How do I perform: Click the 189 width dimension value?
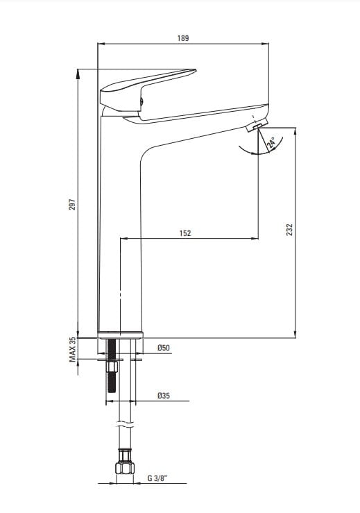pos(183,38)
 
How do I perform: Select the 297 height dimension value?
pos(72,204)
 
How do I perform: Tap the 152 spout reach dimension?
pos(185,233)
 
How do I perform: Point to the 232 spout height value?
pos(289,230)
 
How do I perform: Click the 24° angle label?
pos(271,143)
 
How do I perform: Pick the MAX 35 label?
pos(72,349)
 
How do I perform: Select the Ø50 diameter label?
pos(164,348)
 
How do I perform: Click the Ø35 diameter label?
pos(164,396)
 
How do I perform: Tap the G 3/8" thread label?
pos(157,478)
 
